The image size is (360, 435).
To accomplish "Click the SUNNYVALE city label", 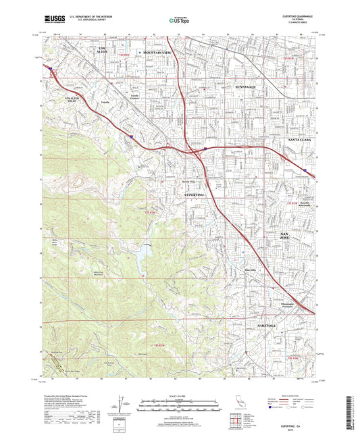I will [x=247, y=88].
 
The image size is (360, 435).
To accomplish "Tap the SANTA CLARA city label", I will [x=301, y=138].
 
